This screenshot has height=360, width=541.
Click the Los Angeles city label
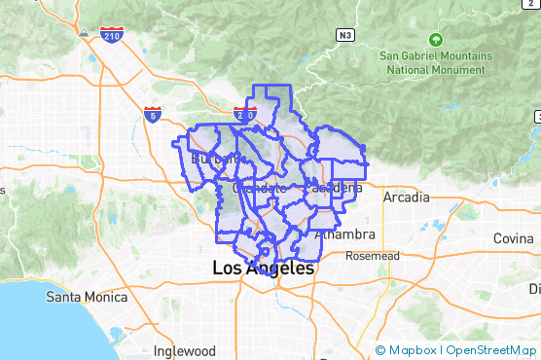pos(263,268)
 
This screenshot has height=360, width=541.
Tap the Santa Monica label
pos(88,297)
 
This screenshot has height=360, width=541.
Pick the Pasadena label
pos(334,186)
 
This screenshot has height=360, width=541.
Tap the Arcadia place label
pos(406,198)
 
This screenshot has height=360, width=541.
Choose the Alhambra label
pos(346,234)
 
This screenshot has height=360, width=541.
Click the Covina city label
pos(513,238)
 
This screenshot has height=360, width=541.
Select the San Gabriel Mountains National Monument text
pos(434,62)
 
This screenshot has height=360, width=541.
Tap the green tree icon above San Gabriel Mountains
pos(435,40)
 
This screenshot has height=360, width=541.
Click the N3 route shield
pos(344,35)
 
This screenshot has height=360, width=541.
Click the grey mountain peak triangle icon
pos(86,32)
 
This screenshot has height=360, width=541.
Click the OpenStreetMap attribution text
pos(492,349)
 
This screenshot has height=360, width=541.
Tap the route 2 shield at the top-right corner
pos(537,117)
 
